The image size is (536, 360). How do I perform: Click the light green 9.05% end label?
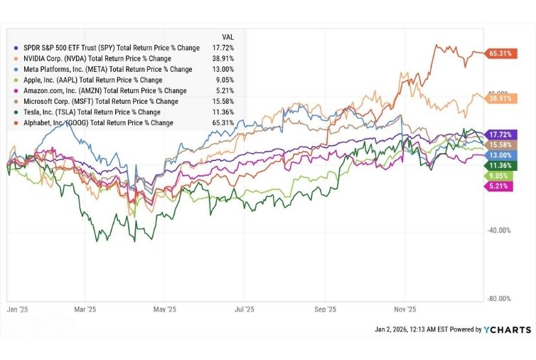[x=496, y=176]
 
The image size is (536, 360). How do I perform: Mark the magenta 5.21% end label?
[x=496, y=186]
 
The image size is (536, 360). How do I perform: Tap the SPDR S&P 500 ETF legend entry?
[x=107, y=48]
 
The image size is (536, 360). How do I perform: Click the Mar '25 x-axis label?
[x=85, y=310]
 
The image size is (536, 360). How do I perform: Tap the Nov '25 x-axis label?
[x=404, y=310]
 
